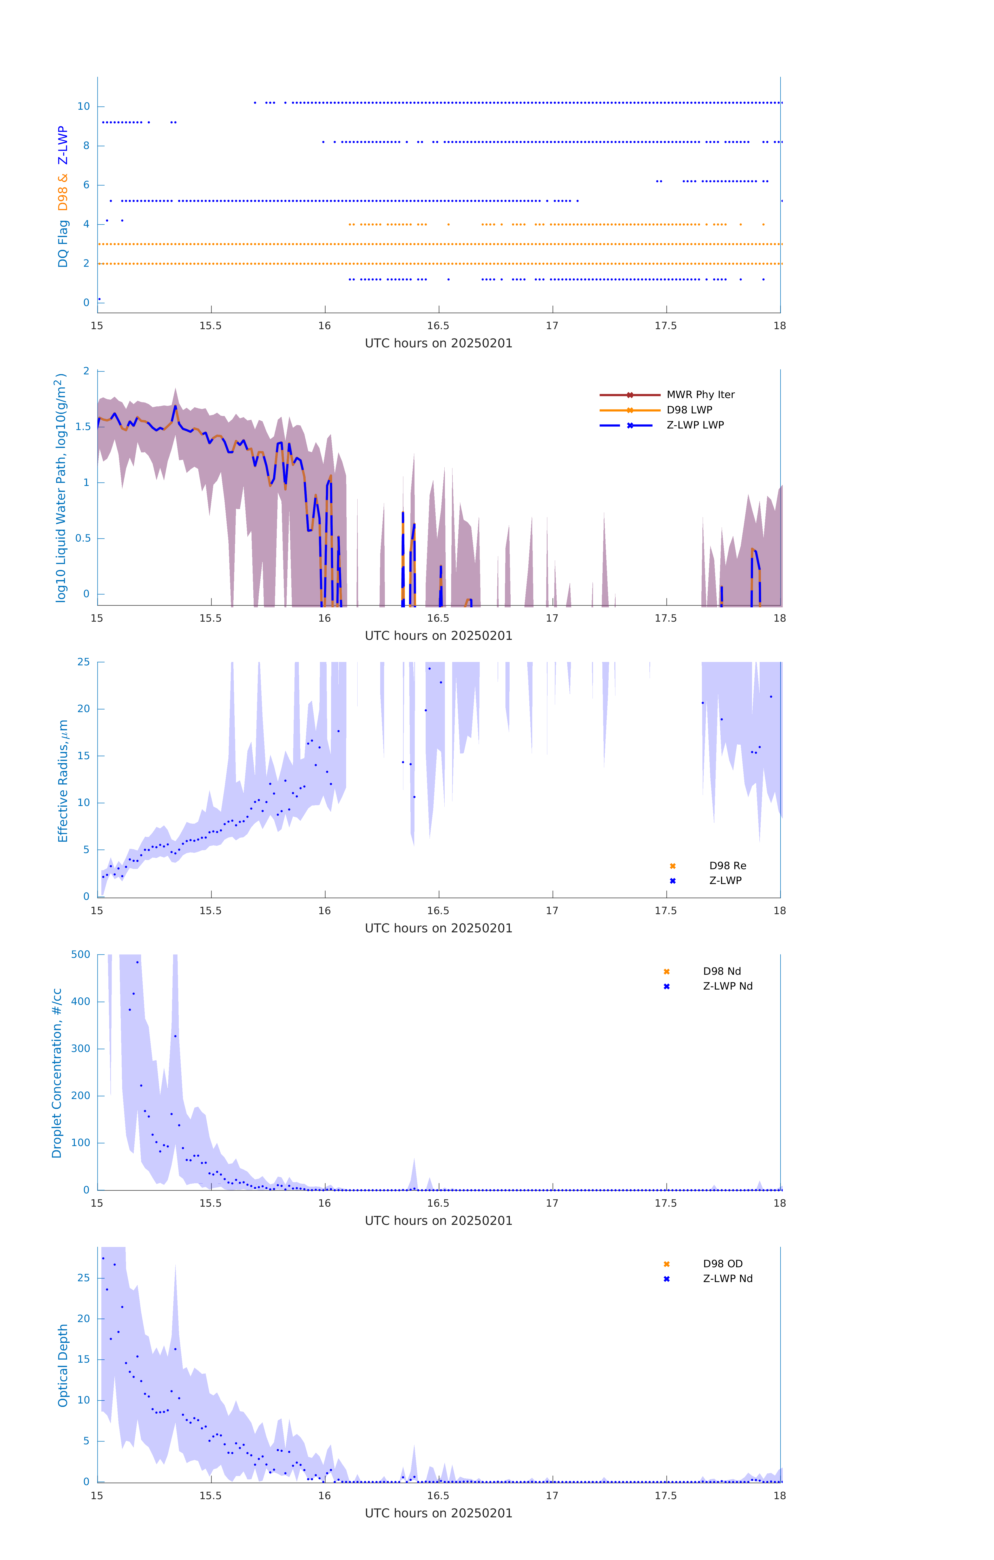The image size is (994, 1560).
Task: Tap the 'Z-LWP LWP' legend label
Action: point(695,425)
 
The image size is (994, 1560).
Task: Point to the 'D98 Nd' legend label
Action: point(721,971)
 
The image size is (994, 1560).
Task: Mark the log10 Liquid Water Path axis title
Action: point(61,488)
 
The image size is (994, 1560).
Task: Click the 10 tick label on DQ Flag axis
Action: point(83,106)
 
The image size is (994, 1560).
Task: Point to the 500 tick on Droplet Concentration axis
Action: point(81,954)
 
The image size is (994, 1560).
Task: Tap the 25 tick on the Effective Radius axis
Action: point(83,662)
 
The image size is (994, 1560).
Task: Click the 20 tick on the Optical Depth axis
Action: point(83,1318)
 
